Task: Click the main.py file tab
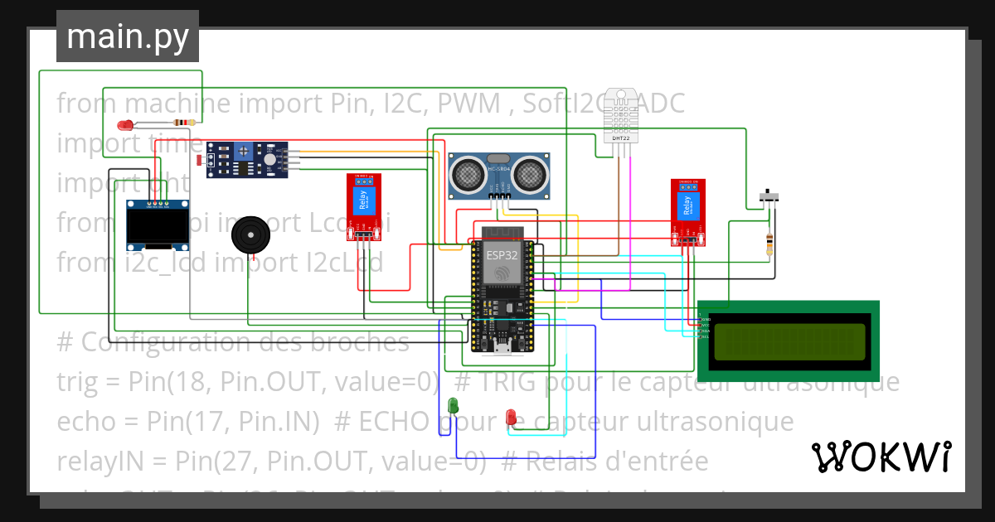pos(127,36)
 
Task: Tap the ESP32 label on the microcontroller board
pos(502,255)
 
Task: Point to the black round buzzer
pos(250,235)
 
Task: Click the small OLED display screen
pos(158,227)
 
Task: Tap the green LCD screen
pos(788,336)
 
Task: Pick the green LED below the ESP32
pos(453,405)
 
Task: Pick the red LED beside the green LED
pos(512,416)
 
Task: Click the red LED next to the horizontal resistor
pos(125,126)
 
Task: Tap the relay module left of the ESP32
pos(363,205)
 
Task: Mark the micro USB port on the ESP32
pos(502,347)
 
